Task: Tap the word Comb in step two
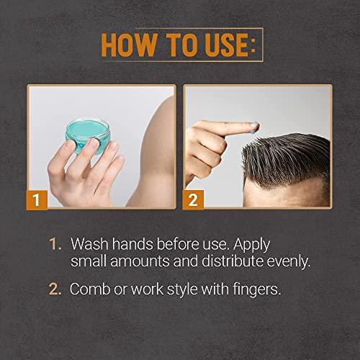pyautogui.click(x=90, y=290)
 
